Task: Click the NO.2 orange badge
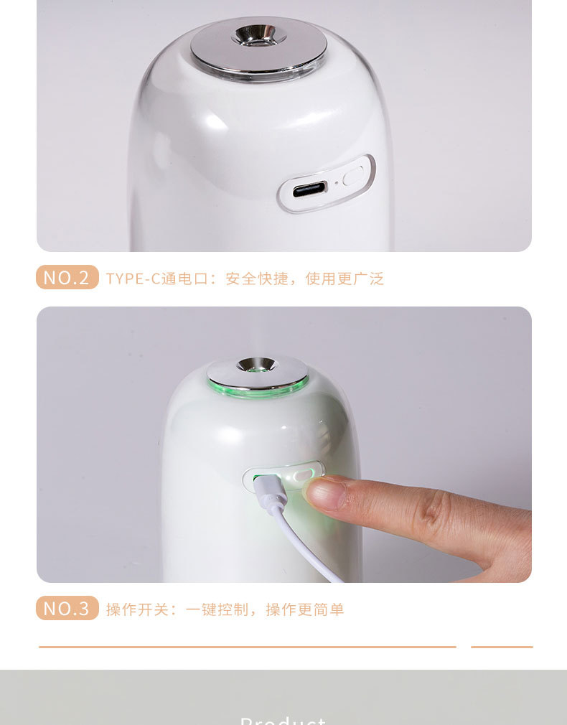pos(67,278)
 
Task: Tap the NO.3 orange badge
pos(67,609)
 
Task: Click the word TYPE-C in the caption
pos(133,279)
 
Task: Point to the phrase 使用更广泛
pos(345,279)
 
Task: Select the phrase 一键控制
pos(217,609)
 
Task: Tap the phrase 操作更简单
pos(305,609)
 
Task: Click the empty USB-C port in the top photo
pos(309,190)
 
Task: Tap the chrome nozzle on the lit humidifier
pos(257,365)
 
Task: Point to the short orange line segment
pos(502,647)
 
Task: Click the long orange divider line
pos(247,647)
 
